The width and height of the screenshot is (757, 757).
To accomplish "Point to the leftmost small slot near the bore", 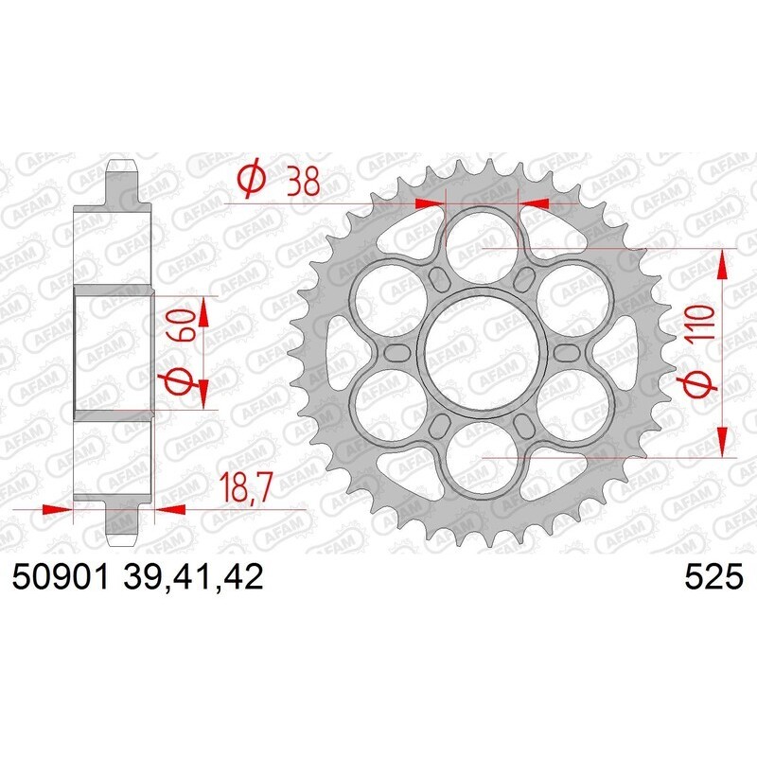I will coord(396,352).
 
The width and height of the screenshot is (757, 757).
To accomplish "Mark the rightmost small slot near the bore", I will coord(565,352).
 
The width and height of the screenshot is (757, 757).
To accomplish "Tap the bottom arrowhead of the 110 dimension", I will coord(723,441).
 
